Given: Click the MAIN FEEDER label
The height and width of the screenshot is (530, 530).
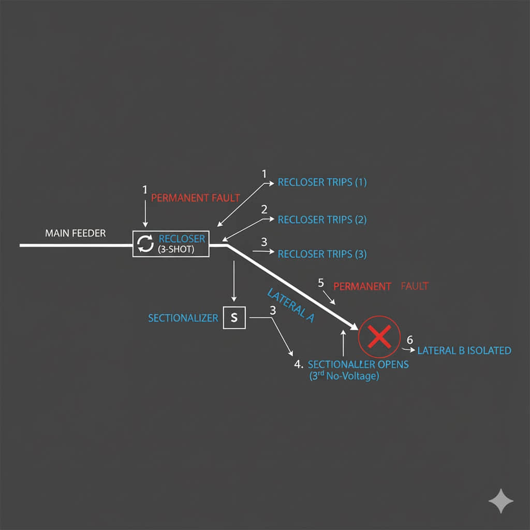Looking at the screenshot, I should [x=75, y=233].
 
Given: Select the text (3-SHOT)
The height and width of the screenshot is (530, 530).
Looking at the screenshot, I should [x=181, y=249].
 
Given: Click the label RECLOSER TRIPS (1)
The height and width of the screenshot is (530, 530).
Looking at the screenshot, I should [x=322, y=182].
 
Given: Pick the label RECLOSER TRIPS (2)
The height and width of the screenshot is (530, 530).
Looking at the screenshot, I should [x=322, y=219].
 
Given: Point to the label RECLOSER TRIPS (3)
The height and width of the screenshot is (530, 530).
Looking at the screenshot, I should [x=322, y=254].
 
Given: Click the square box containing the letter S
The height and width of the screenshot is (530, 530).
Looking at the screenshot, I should [x=234, y=318].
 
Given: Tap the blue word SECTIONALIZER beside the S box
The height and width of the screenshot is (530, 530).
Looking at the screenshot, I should [x=183, y=318].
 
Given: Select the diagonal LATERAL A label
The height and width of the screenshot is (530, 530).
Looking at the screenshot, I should [x=291, y=305].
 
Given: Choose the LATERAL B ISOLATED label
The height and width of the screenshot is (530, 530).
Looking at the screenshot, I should [x=464, y=351].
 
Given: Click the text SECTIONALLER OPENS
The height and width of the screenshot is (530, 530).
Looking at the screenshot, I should [x=358, y=364].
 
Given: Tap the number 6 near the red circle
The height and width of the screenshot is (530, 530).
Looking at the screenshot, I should [x=410, y=340].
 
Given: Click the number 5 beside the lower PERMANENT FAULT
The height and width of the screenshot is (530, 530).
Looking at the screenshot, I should [x=321, y=283].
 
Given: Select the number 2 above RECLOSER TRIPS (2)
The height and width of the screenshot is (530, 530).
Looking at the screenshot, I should [x=264, y=210].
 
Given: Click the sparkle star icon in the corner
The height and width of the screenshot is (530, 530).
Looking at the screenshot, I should [x=501, y=501].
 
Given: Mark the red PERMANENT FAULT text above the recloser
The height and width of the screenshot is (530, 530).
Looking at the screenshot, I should [x=195, y=198].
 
